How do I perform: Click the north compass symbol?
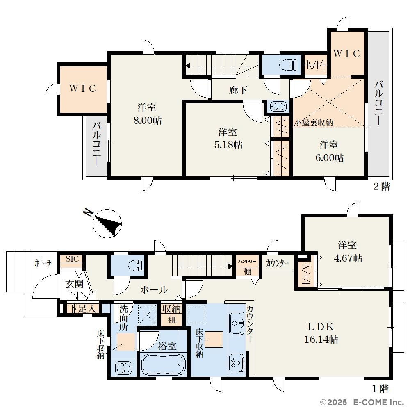(x=105, y=223)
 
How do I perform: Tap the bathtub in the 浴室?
(x=164, y=365)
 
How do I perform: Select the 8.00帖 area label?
(x=148, y=120)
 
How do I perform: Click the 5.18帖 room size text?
(x=228, y=145)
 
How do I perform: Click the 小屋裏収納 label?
(x=314, y=123)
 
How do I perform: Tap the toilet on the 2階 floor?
(x=288, y=65)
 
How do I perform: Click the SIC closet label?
(x=72, y=259)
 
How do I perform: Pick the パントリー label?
(x=247, y=261)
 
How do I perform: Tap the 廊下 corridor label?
(x=238, y=90)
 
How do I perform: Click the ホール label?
(x=154, y=290)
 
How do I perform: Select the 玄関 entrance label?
(x=75, y=284)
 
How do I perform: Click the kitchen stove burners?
(x=237, y=363)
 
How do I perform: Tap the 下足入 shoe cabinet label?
(x=82, y=309)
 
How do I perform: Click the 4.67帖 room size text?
(x=348, y=258)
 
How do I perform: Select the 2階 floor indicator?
(x=381, y=187)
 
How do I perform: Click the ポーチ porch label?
(x=43, y=263)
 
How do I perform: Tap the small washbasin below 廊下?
(x=278, y=107)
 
